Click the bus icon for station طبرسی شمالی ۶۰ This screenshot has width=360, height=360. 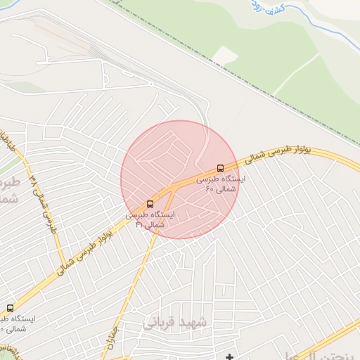[x=221, y=168]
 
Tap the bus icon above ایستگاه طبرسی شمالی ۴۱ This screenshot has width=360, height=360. [x=150, y=204]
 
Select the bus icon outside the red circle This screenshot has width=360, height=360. [x=10, y=308]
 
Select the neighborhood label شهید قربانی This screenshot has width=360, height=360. [x=176, y=323]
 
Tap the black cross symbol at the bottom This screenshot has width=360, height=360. [x=229, y=357]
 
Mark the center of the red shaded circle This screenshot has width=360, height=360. [x=180, y=179]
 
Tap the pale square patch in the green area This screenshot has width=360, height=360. [x=225, y=56]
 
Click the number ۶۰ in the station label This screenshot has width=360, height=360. [x=209, y=188]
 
